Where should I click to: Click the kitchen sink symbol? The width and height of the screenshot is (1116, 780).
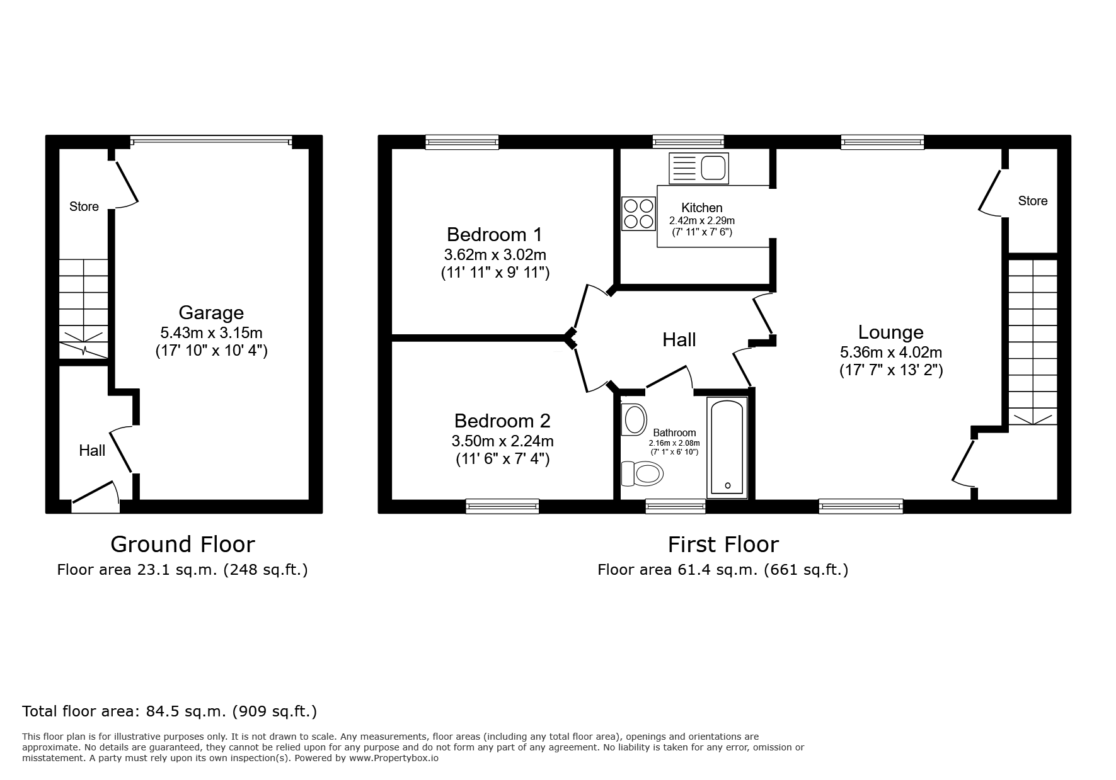699,168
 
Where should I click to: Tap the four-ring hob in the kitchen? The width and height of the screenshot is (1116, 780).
638,213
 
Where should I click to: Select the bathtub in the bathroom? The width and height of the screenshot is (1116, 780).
727,448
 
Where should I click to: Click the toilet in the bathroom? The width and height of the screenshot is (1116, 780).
643,473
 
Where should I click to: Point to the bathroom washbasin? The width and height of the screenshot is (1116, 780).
634,419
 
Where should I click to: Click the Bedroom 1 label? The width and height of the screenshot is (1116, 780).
494,235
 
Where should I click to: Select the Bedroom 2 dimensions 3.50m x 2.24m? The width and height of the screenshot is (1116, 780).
502,441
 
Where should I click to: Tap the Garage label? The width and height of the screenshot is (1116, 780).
210,312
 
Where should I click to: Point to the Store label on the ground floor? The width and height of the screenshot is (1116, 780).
84,206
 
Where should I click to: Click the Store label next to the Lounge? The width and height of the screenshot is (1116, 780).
1032,201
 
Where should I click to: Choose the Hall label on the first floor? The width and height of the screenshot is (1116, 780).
679,340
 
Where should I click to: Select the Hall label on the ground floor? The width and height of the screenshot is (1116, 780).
92,450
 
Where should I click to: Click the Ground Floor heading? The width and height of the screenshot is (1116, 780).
182,544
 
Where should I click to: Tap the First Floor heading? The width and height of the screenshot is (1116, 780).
723,544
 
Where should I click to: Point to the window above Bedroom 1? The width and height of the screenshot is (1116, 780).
461,142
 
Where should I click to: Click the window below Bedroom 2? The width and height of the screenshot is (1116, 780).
502,506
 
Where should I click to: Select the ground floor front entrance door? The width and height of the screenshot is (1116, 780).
95,495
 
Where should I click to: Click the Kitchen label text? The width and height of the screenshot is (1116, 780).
701,208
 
